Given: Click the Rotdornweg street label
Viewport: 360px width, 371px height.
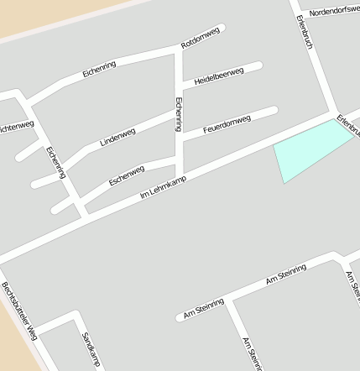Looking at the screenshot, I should pos(201,37).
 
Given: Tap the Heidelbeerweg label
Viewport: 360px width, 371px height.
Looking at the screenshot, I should pos(218,76).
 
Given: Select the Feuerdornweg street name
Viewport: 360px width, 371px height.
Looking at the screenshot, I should pos(227,124).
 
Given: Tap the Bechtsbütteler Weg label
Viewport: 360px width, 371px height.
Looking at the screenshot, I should pos(18,310).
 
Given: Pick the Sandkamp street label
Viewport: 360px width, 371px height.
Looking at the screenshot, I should pos(91,349).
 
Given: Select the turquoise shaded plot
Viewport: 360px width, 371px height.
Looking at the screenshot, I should pos(309,154).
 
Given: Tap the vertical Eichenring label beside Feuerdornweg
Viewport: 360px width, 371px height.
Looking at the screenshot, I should pos(178,113).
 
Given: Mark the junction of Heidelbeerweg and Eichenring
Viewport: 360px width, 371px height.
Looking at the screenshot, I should pos(179,84).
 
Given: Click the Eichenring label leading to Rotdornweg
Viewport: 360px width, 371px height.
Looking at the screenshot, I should pos(106,69).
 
